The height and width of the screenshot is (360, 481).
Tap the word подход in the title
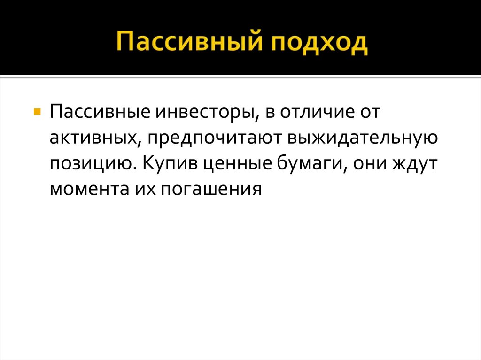click(318, 43)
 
